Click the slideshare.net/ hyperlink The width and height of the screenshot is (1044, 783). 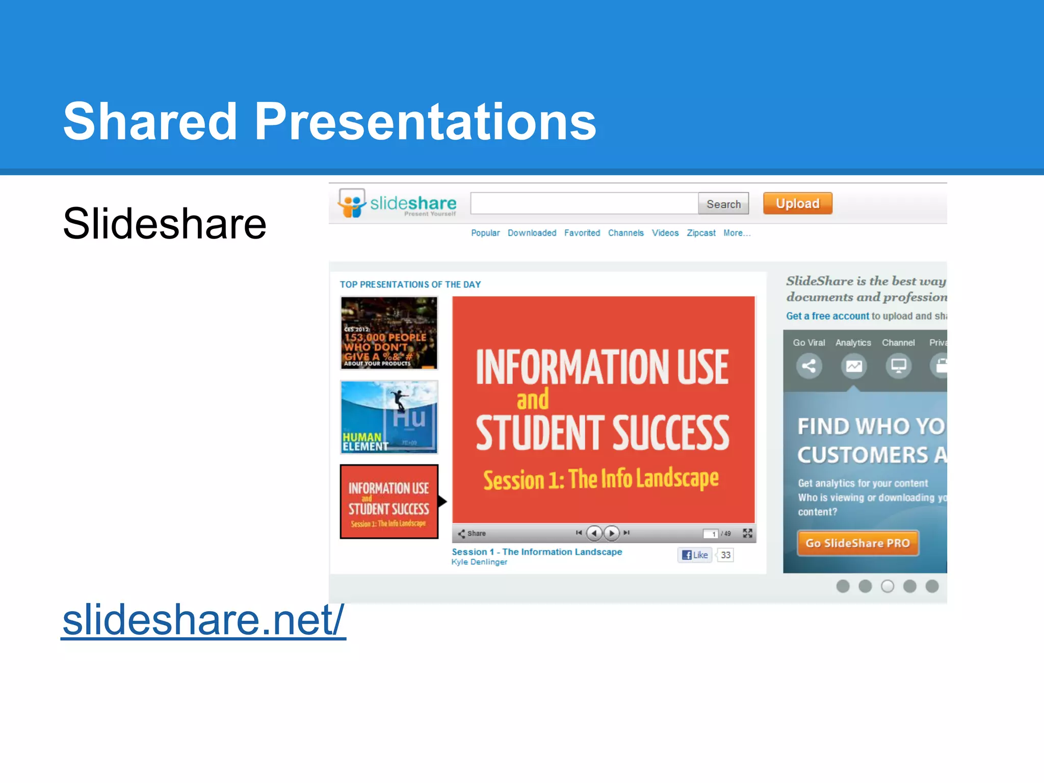203,619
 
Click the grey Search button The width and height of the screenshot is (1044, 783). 723,204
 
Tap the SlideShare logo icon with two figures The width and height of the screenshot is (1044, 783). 352,203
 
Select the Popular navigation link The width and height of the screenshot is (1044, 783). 485,233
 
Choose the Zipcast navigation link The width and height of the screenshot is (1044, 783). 701,233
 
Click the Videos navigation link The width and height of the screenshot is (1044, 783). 665,233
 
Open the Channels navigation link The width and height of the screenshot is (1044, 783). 625,233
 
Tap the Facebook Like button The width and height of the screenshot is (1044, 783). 695,555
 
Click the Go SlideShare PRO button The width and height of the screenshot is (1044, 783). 857,543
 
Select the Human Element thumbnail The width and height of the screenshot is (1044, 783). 389,417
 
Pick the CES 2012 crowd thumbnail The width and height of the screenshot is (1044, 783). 389,333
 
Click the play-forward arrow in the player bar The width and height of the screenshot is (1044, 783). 611,533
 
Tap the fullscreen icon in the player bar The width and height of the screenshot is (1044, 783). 747,533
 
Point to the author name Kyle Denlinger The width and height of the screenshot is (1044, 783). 479,562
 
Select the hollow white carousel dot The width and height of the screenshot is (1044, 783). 888,586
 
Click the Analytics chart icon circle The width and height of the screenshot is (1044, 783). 854,366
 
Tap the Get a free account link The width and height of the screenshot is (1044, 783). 827,316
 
